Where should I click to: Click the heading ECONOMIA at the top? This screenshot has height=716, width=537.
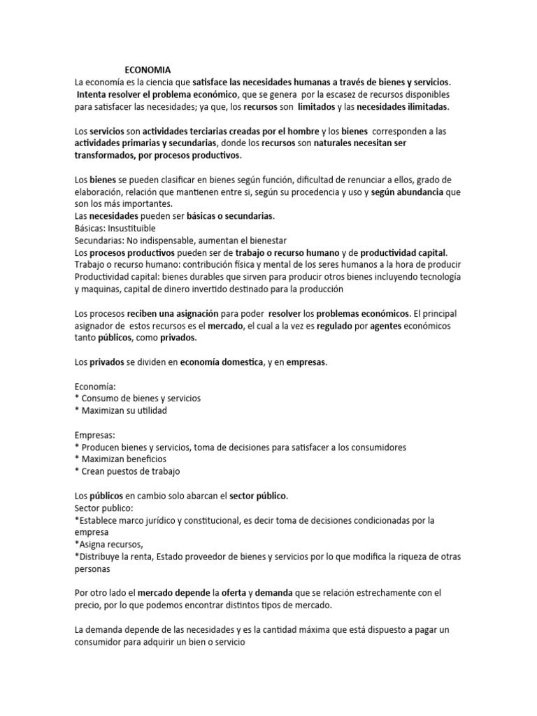click(x=147, y=69)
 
